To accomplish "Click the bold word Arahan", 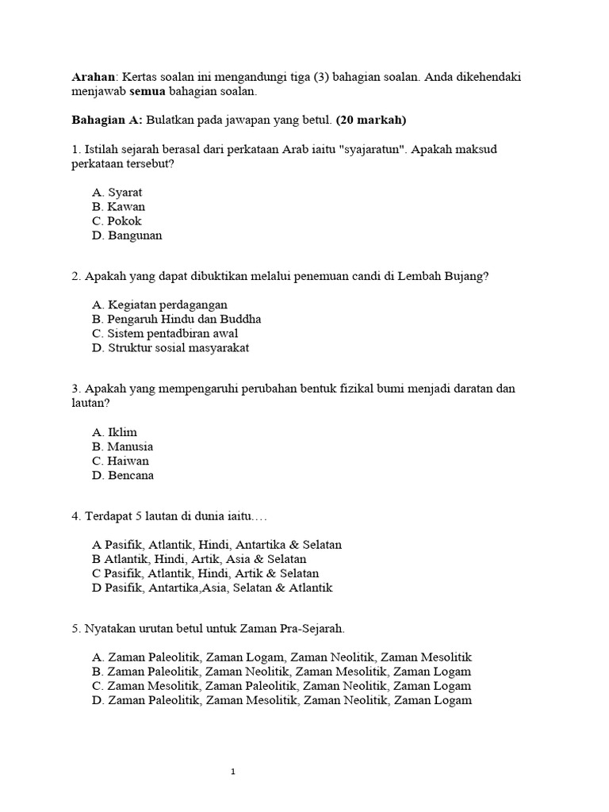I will pos(93,77).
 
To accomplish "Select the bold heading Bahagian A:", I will pos(107,121).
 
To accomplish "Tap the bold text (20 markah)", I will pos(371,121).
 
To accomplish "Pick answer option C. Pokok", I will pos(117,220).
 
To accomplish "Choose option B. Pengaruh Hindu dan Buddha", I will pos(176,319).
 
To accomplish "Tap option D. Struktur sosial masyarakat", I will pos(170,347).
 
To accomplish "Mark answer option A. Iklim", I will pos(114,432).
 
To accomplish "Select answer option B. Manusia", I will pos(122,446).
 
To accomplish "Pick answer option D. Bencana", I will pos(123,475).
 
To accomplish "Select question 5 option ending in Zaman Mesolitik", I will pos(282,657).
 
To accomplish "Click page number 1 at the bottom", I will pos(232,772).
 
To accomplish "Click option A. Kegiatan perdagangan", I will pos(159,304).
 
